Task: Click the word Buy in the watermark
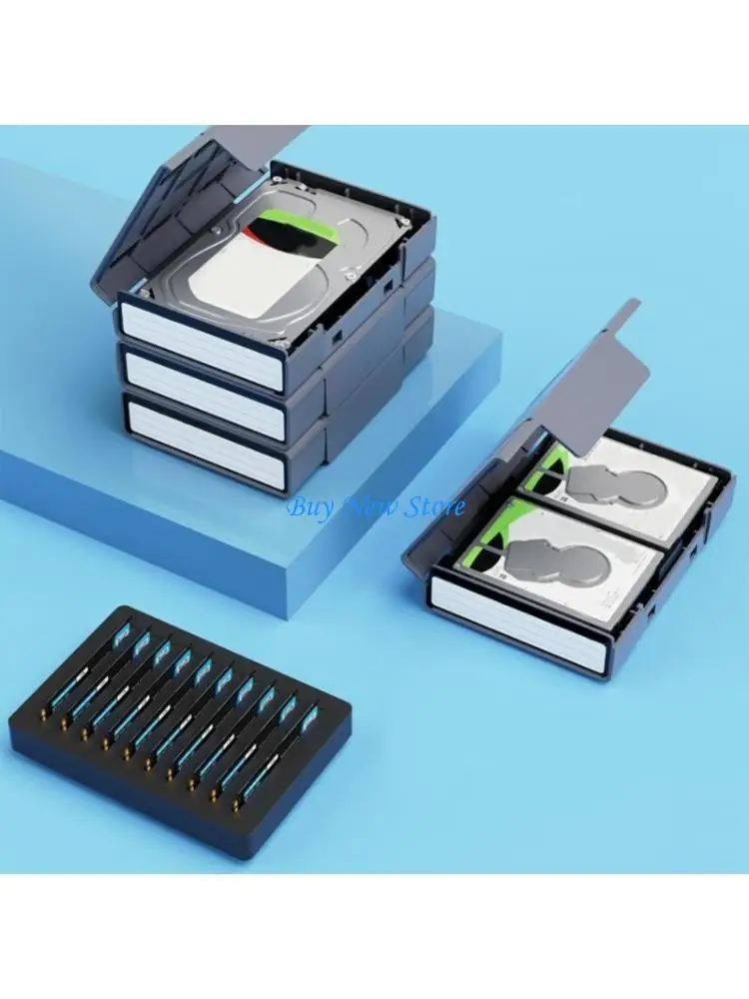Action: click(309, 506)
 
